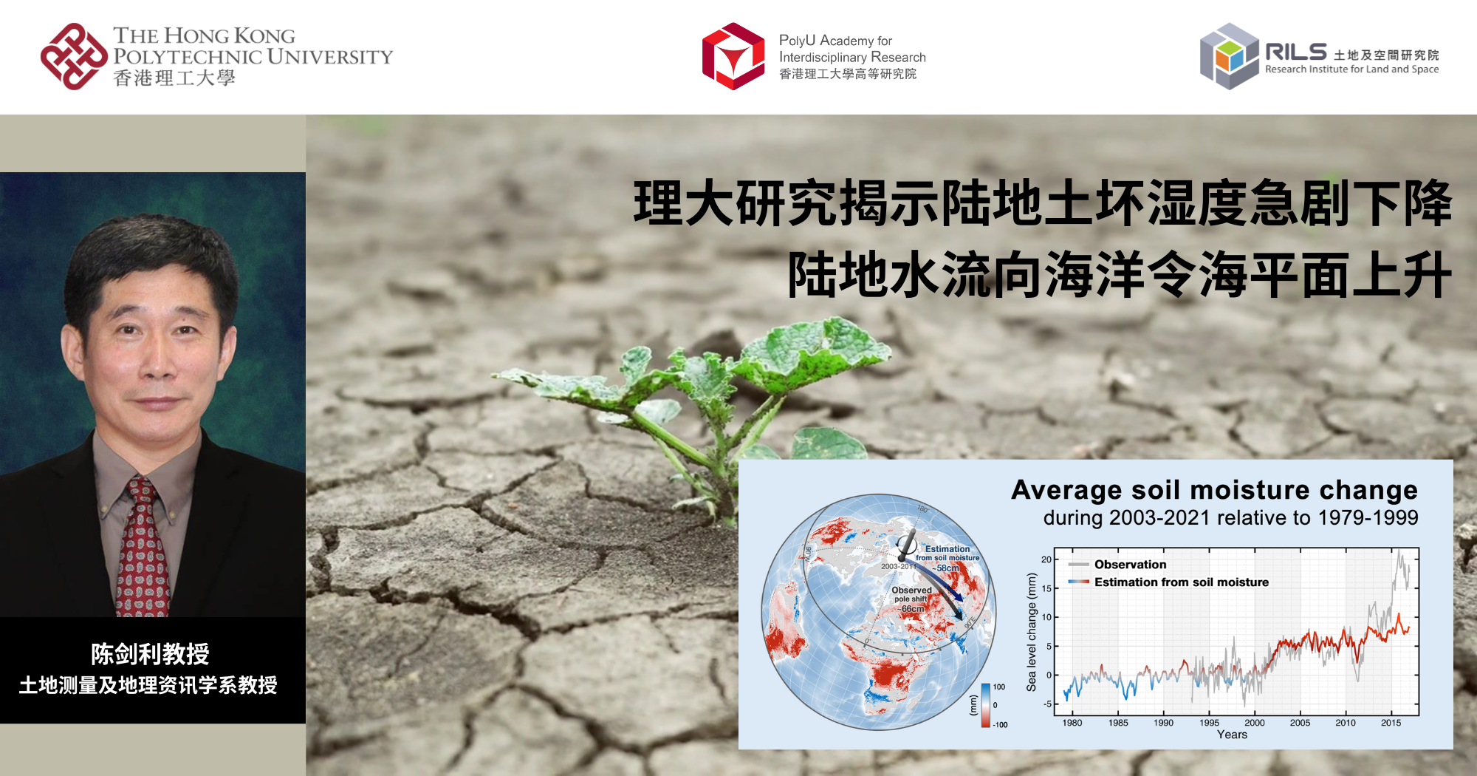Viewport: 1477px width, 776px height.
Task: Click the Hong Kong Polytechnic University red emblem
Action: point(73,57)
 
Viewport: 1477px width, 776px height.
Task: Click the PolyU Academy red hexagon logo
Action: point(733,56)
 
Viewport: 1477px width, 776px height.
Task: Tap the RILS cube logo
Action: point(1229,56)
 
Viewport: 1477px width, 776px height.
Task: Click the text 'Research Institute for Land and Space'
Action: point(1351,69)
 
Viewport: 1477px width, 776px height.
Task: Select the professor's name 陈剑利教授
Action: point(150,654)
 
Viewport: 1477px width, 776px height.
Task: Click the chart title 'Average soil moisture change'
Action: point(1214,490)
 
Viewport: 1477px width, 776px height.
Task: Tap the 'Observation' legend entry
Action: point(1130,565)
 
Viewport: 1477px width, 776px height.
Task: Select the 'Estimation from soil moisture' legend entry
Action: point(1181,582)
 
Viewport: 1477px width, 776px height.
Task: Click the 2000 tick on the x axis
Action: point(1254,723)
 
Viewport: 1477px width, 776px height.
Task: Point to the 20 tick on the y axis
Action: point(1046,559)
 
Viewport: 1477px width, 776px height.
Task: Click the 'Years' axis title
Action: point(1232,735)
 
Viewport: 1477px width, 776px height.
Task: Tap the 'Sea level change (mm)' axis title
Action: point(1032,633)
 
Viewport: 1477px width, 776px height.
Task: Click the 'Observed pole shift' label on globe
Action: point(911,594)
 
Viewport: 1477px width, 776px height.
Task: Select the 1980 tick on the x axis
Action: point(1072,723)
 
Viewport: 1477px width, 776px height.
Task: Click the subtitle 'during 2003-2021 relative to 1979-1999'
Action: point(1230,518)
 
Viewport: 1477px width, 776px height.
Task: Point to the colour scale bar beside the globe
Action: point(985,705)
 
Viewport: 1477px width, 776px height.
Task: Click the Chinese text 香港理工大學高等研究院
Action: point(847,74)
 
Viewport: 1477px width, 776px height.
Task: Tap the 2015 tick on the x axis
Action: point(1391,723)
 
